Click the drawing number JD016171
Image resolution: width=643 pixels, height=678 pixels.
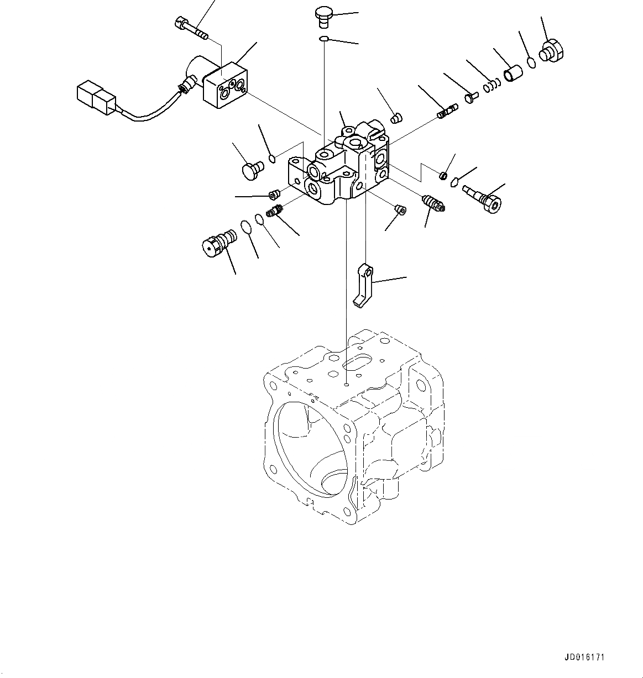584,658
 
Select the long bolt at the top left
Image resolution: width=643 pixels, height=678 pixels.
190,28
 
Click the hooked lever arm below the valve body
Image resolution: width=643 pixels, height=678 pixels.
363,285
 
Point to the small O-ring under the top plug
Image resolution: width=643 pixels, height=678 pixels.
324,38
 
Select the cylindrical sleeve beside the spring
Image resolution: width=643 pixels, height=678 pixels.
512,73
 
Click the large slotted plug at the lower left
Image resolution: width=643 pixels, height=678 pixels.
217,244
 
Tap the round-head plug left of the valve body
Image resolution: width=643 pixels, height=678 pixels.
253,170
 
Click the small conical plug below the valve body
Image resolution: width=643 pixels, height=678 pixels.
400,209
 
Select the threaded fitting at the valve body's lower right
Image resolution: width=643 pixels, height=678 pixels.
433,203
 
